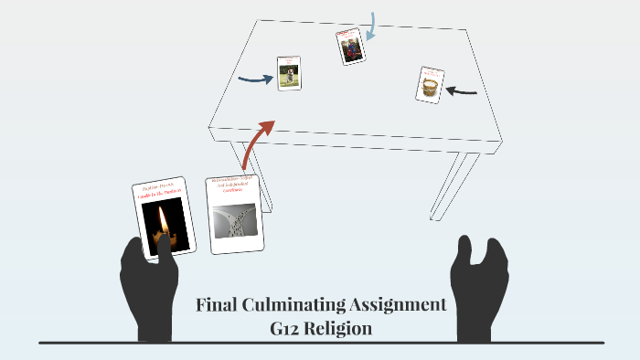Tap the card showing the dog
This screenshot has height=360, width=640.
coord(290,73)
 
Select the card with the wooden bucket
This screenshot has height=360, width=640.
coord(429,84)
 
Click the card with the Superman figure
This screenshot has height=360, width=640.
coord(350,47)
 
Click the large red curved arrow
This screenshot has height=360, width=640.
coord(260,141)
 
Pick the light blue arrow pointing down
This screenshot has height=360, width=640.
coord(371,26)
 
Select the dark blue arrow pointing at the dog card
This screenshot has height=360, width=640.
coord(255,79)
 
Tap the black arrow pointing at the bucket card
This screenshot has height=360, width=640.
coord(464,90)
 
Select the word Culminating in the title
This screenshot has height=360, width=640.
coord(298,305)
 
